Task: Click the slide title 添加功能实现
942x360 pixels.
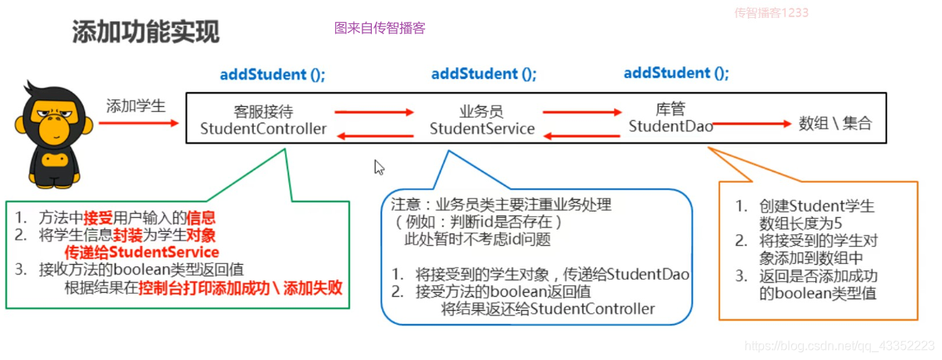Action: (146, 32)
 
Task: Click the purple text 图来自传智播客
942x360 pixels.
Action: (380, 28)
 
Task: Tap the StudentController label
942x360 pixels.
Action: (263, 129)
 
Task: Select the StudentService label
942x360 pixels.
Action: (482, 129)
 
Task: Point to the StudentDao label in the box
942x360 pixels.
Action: (670, 126)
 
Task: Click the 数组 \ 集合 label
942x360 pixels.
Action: (835, 123)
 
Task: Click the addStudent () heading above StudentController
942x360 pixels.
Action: (273, 75)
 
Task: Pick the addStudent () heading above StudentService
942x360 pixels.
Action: (484, 74)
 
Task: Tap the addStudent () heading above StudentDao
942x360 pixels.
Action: (676, 73)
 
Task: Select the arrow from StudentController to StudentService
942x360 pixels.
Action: (373, 112)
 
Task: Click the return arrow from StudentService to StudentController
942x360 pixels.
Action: (373, 137)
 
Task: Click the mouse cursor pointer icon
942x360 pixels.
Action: (380, 167)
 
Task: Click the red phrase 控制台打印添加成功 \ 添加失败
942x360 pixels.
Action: (241, 288)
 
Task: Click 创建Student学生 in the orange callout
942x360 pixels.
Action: (816, 206)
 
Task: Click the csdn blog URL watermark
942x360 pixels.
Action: (839, 345)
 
